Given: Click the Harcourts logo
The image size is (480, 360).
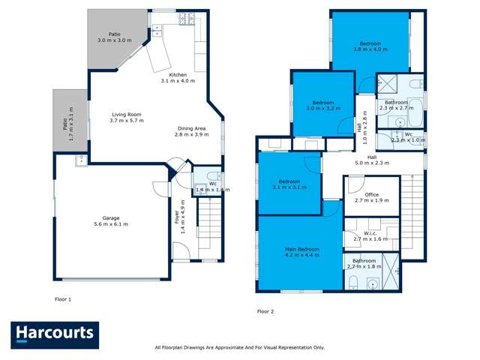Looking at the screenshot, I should (x=55, y=335).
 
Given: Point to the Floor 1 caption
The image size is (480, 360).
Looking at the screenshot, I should (x=63, y=299).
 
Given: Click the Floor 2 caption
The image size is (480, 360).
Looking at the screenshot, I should (x=265, y=310).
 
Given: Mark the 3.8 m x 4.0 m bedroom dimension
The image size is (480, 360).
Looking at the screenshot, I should (x=370, y=49).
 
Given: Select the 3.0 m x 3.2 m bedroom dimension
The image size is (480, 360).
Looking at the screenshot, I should (x=322, y=108).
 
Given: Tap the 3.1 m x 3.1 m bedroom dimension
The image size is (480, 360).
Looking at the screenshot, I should (x=289, y=187).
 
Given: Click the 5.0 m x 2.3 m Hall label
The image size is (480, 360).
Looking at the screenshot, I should (x=372, y=160).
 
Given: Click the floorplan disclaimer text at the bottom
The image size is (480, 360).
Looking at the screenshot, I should (x=239, y=347).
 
